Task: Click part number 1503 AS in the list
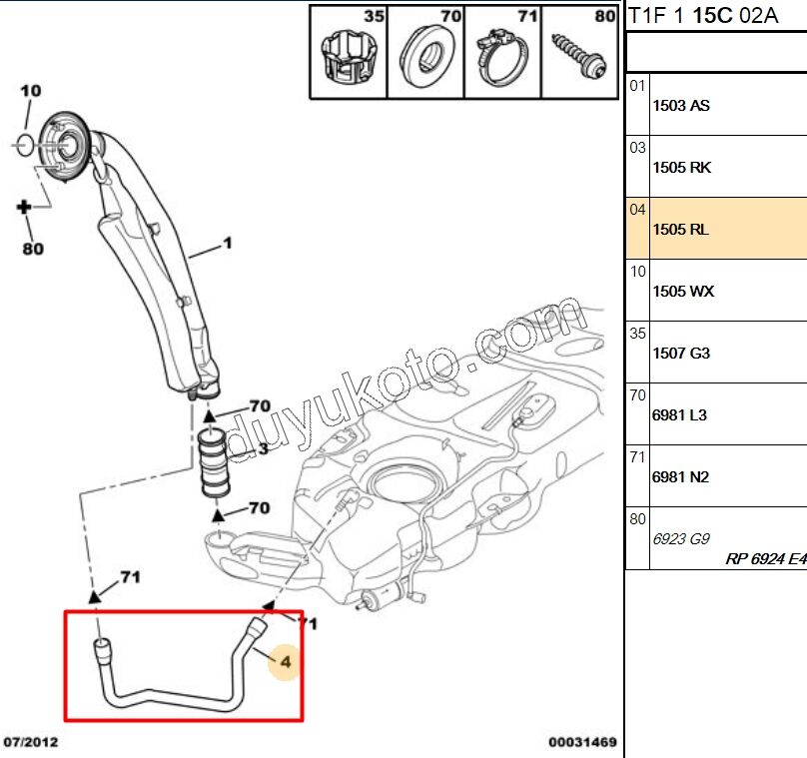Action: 681,106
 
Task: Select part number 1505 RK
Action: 681,168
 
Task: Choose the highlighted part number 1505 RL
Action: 680,230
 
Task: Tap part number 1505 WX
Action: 683,292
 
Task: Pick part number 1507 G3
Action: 681,354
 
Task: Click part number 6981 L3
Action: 679,415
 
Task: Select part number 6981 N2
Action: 680,477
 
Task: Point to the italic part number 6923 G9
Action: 681,538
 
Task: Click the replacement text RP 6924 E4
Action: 765,559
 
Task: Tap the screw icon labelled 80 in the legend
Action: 578,56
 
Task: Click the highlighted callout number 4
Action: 285,661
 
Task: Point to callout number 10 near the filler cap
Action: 30,91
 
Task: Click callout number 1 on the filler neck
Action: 227,243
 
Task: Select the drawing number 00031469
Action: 581,743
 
